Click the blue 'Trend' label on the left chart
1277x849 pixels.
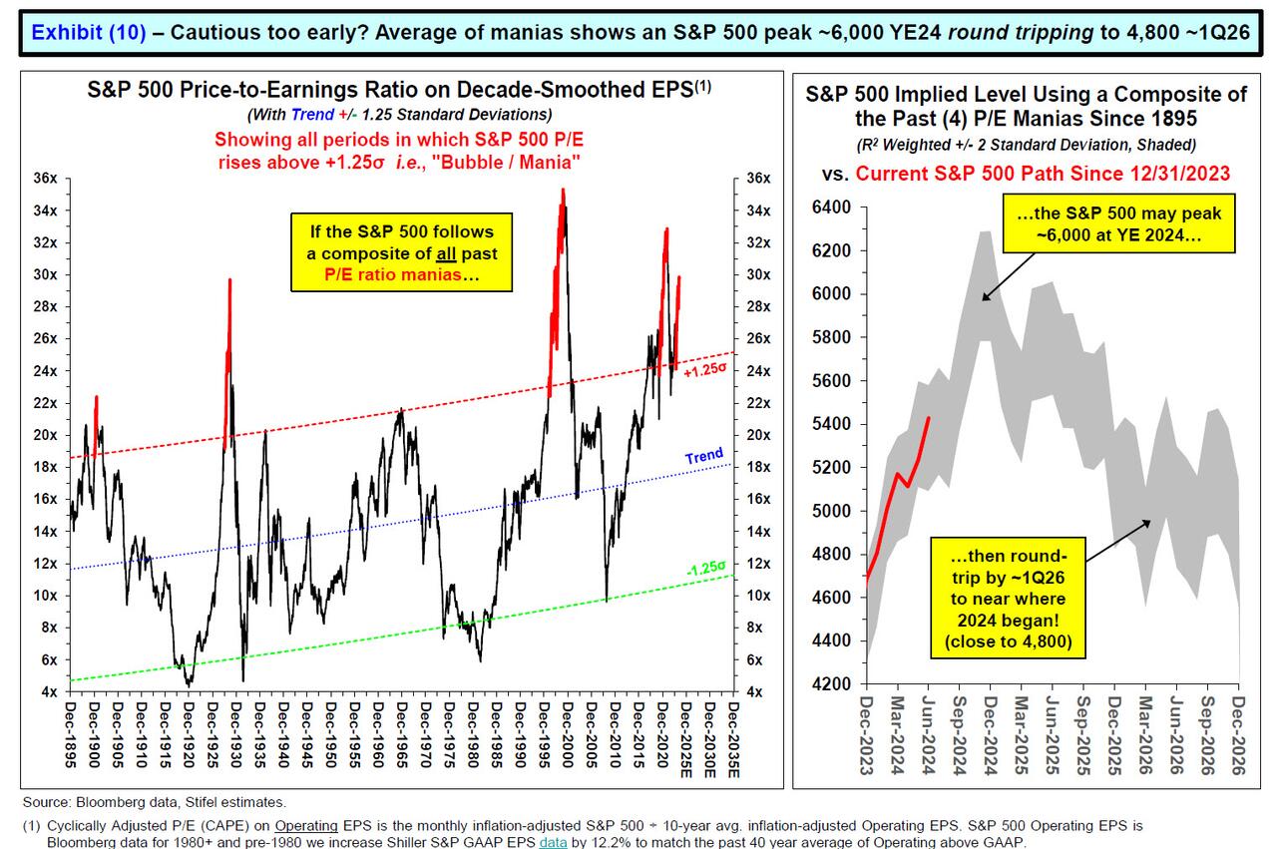coord(704,456)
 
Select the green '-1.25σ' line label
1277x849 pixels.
coord(703,569)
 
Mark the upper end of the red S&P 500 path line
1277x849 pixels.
coord(929,418)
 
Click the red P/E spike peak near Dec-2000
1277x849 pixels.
coord(564,190)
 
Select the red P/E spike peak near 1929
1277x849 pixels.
coord(229,280)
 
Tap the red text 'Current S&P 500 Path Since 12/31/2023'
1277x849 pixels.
coord(1043,174)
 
